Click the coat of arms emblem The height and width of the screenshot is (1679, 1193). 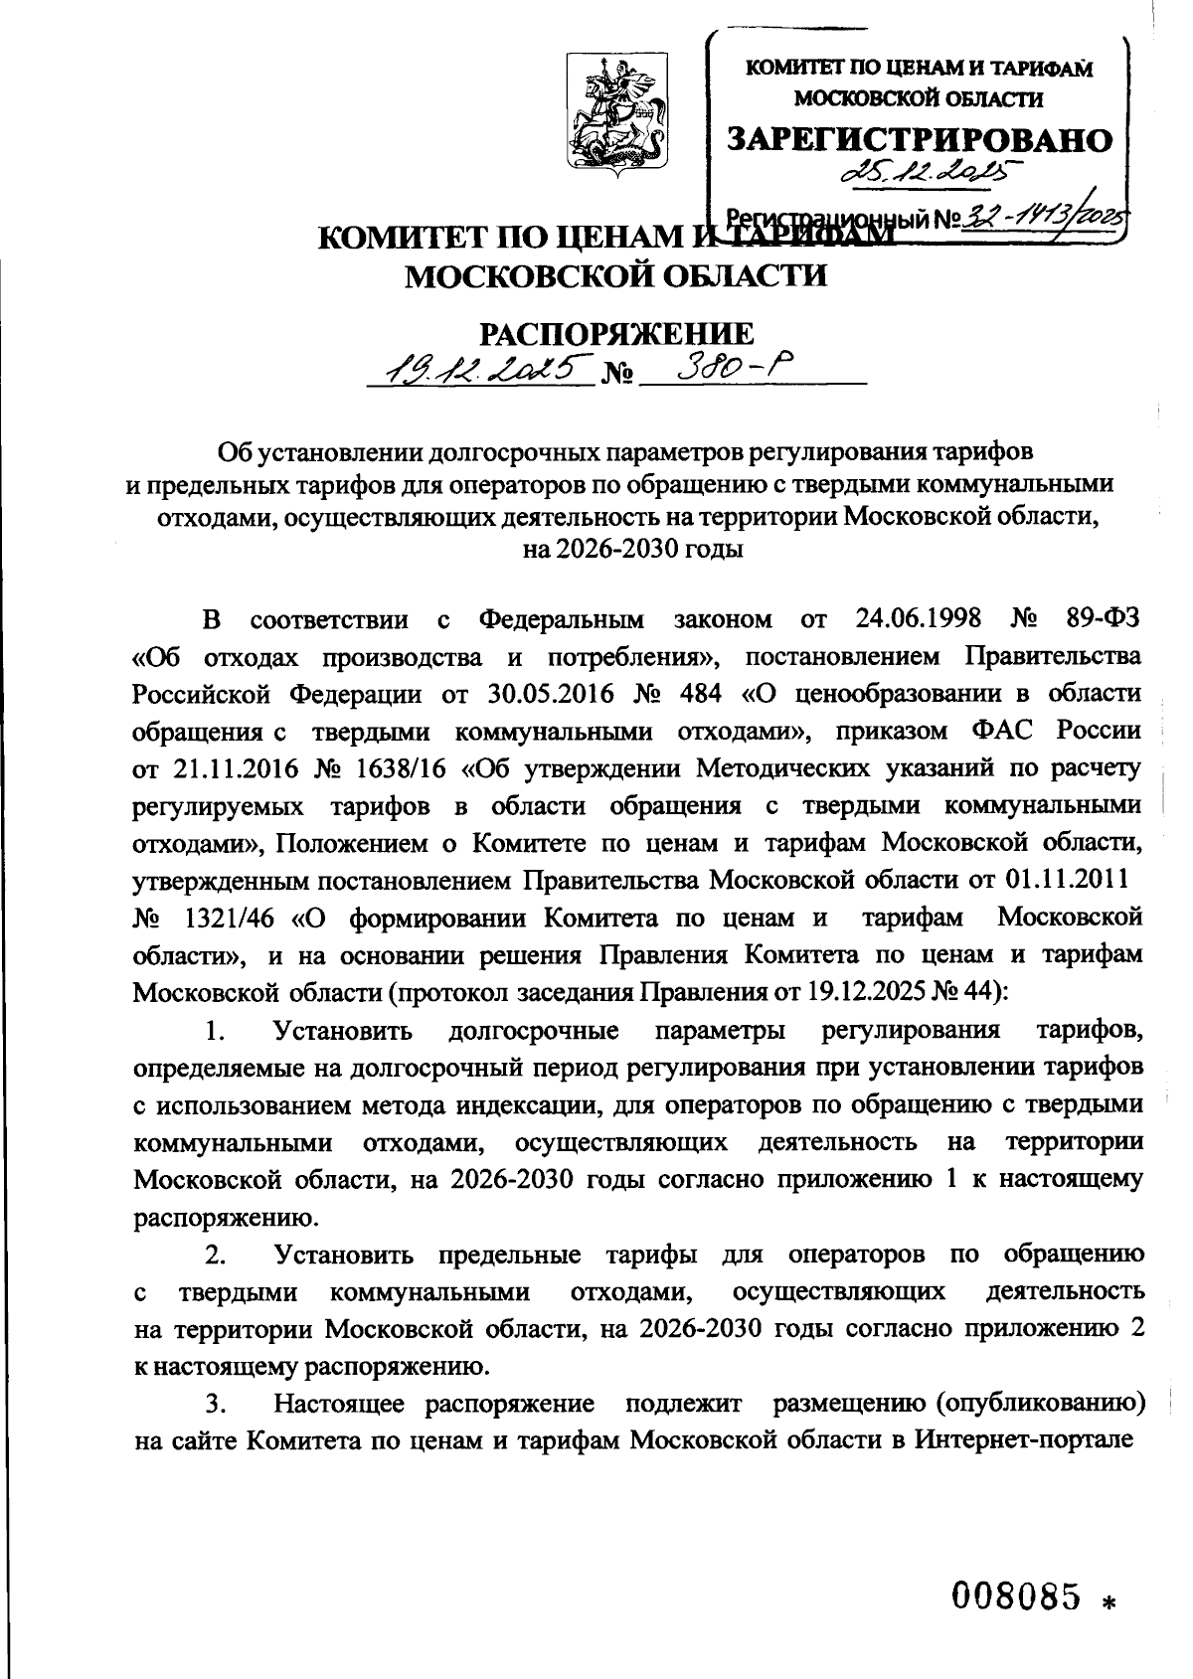pyautogui.click(x=616, y=118)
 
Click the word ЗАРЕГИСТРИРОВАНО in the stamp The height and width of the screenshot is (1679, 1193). pyautogui.click(x=920, y=140)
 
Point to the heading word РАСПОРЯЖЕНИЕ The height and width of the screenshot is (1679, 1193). pyautogui.click(x=617, y=335)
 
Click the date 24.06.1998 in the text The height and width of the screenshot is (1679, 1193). pyautogui.click(x=918, y=619)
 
